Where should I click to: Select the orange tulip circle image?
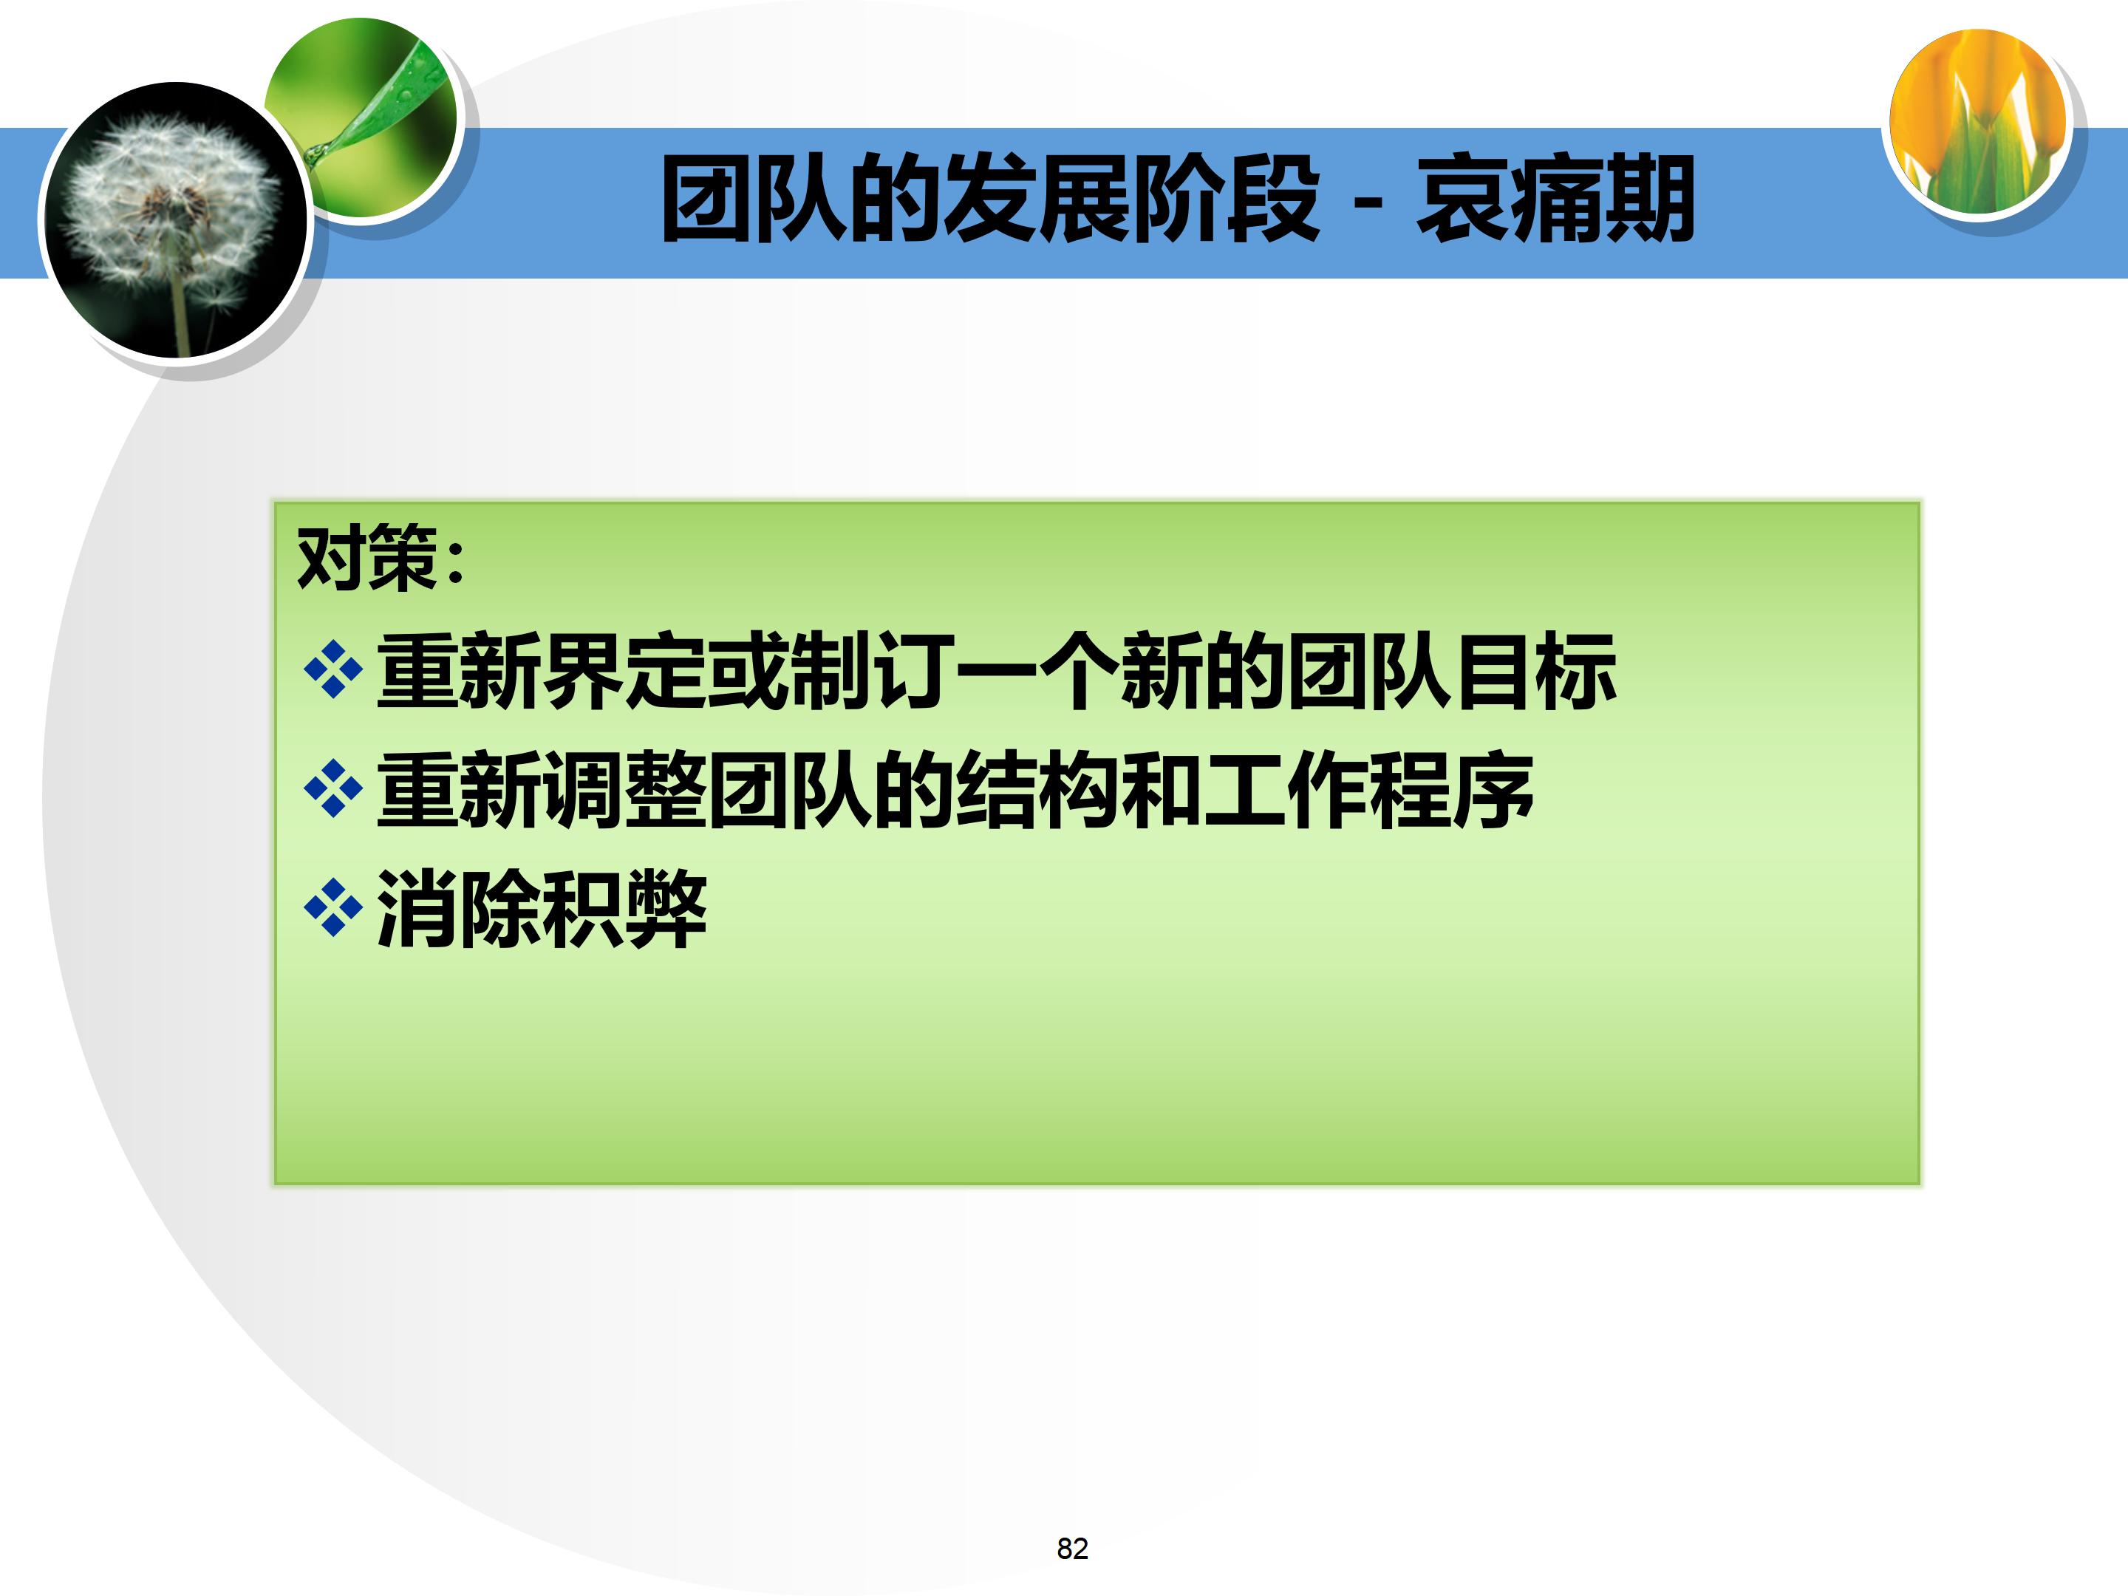[x=1978, y=120]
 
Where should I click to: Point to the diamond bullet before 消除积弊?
[x=332, y=907]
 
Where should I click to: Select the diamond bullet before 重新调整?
[x=332, y=789]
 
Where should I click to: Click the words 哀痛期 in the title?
[x=1555, y=200]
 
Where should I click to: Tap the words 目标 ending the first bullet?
[x=1535, y=670]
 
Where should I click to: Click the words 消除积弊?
[x=542, y=908]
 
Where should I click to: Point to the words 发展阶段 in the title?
[x=1130, y=200]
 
